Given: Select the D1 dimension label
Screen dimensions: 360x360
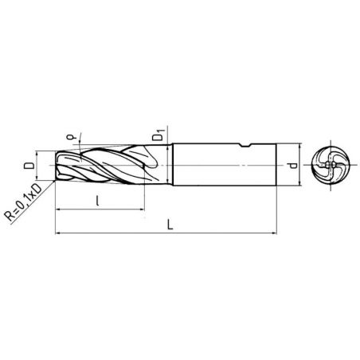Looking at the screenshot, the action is [x=158, y=135].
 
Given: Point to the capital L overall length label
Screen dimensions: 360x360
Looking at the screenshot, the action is [x=170, y=225].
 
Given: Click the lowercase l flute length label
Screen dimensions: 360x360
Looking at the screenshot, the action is [x=97, y=201].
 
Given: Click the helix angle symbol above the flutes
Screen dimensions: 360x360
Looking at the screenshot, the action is [x=71, y=137].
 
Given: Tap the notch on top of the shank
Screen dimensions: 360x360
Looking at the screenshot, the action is [x=246, y=145].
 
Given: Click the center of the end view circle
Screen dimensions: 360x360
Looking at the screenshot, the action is [x=330, y=165].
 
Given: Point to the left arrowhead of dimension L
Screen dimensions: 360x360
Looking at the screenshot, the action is [x=58, y=233].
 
